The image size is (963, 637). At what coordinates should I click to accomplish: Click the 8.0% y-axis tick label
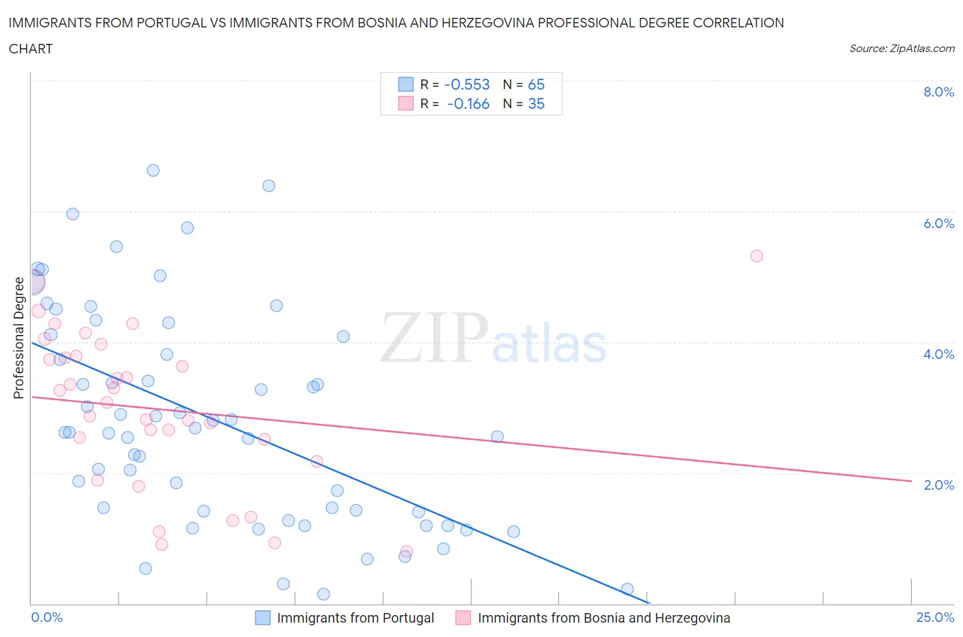point(938,92)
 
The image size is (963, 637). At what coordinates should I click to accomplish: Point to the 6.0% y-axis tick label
point(938,223)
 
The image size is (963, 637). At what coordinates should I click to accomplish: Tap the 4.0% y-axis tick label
point(938,354)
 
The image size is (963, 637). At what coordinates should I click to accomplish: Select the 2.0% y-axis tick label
point(938,485)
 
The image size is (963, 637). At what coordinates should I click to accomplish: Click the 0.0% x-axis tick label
point(47,617)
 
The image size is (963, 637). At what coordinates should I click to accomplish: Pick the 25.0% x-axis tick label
point(935,617)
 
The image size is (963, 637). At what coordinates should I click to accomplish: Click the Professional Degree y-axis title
point(18,338)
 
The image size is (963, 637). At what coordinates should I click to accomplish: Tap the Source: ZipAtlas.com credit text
point(901,49)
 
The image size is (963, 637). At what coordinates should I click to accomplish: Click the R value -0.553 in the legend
point(466,84)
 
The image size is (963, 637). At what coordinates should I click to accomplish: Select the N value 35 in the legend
point(536,103)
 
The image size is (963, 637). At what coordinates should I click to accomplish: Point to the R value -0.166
point(468,103)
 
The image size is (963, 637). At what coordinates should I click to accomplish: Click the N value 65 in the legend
point(536,84)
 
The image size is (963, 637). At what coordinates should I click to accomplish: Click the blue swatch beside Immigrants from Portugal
point(263,618)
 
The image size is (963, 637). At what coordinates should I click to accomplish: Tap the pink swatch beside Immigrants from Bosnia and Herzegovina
point(464,618)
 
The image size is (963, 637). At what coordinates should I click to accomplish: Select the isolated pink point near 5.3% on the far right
point(756,256)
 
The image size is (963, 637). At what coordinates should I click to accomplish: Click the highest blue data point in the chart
point(153,171)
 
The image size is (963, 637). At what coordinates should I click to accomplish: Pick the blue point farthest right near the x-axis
point(627,589)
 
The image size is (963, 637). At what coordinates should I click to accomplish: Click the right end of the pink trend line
point(911,482)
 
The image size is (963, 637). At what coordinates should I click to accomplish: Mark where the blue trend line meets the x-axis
point(649,603)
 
